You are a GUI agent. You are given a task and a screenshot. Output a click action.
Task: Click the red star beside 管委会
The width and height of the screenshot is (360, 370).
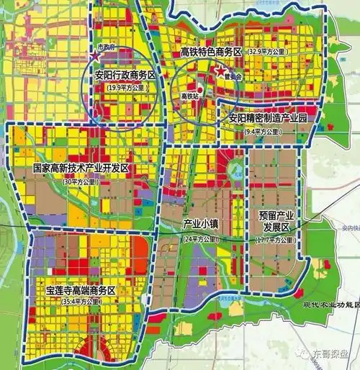(x=220, y=71)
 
